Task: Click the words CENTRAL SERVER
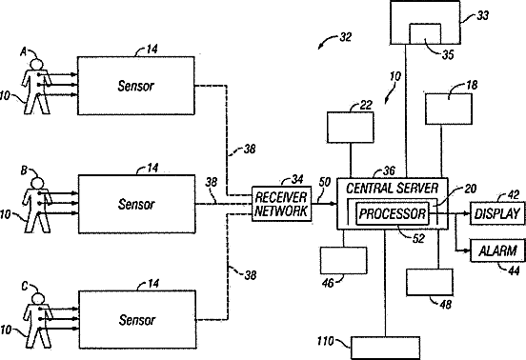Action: coord(393,189)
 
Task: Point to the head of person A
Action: coord(36,65)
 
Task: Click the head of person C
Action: coord(37,299)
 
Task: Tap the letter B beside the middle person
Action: coord(24,170)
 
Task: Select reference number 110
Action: coord(325,341)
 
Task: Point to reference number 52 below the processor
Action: coord(418,239)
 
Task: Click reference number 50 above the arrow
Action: coord(325,182)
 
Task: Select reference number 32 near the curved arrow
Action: coord(346,37)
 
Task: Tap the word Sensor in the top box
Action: coord(136,86)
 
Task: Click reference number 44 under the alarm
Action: coord(514,270)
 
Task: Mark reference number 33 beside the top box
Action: coord(483,15)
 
